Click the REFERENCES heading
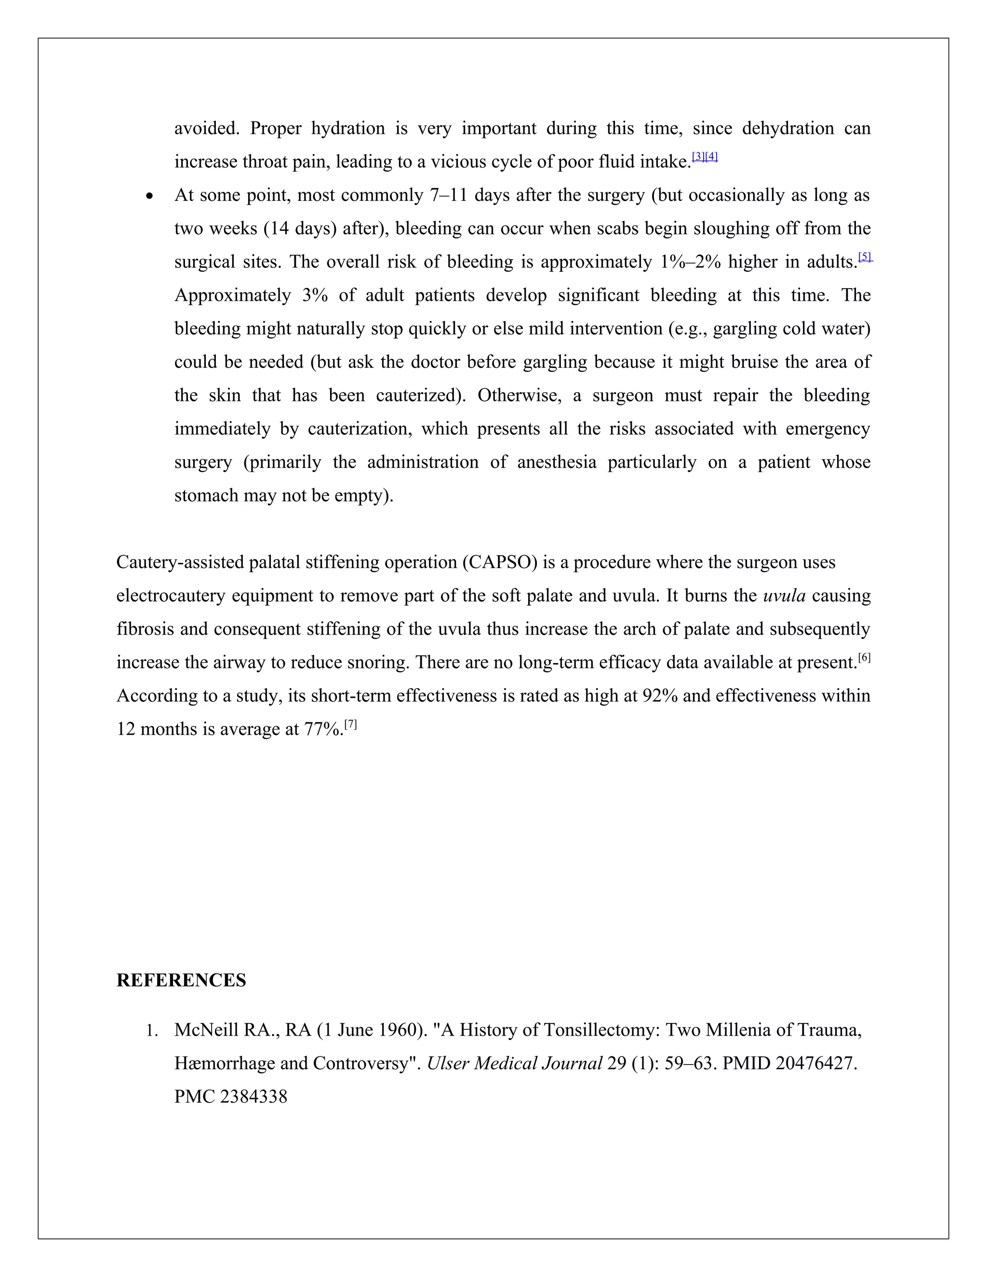181,981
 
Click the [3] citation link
698,157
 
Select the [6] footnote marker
864,658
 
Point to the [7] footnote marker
350,724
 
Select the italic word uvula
784,596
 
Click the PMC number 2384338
253,1097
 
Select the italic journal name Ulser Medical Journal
514,1064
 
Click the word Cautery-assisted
180,562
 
